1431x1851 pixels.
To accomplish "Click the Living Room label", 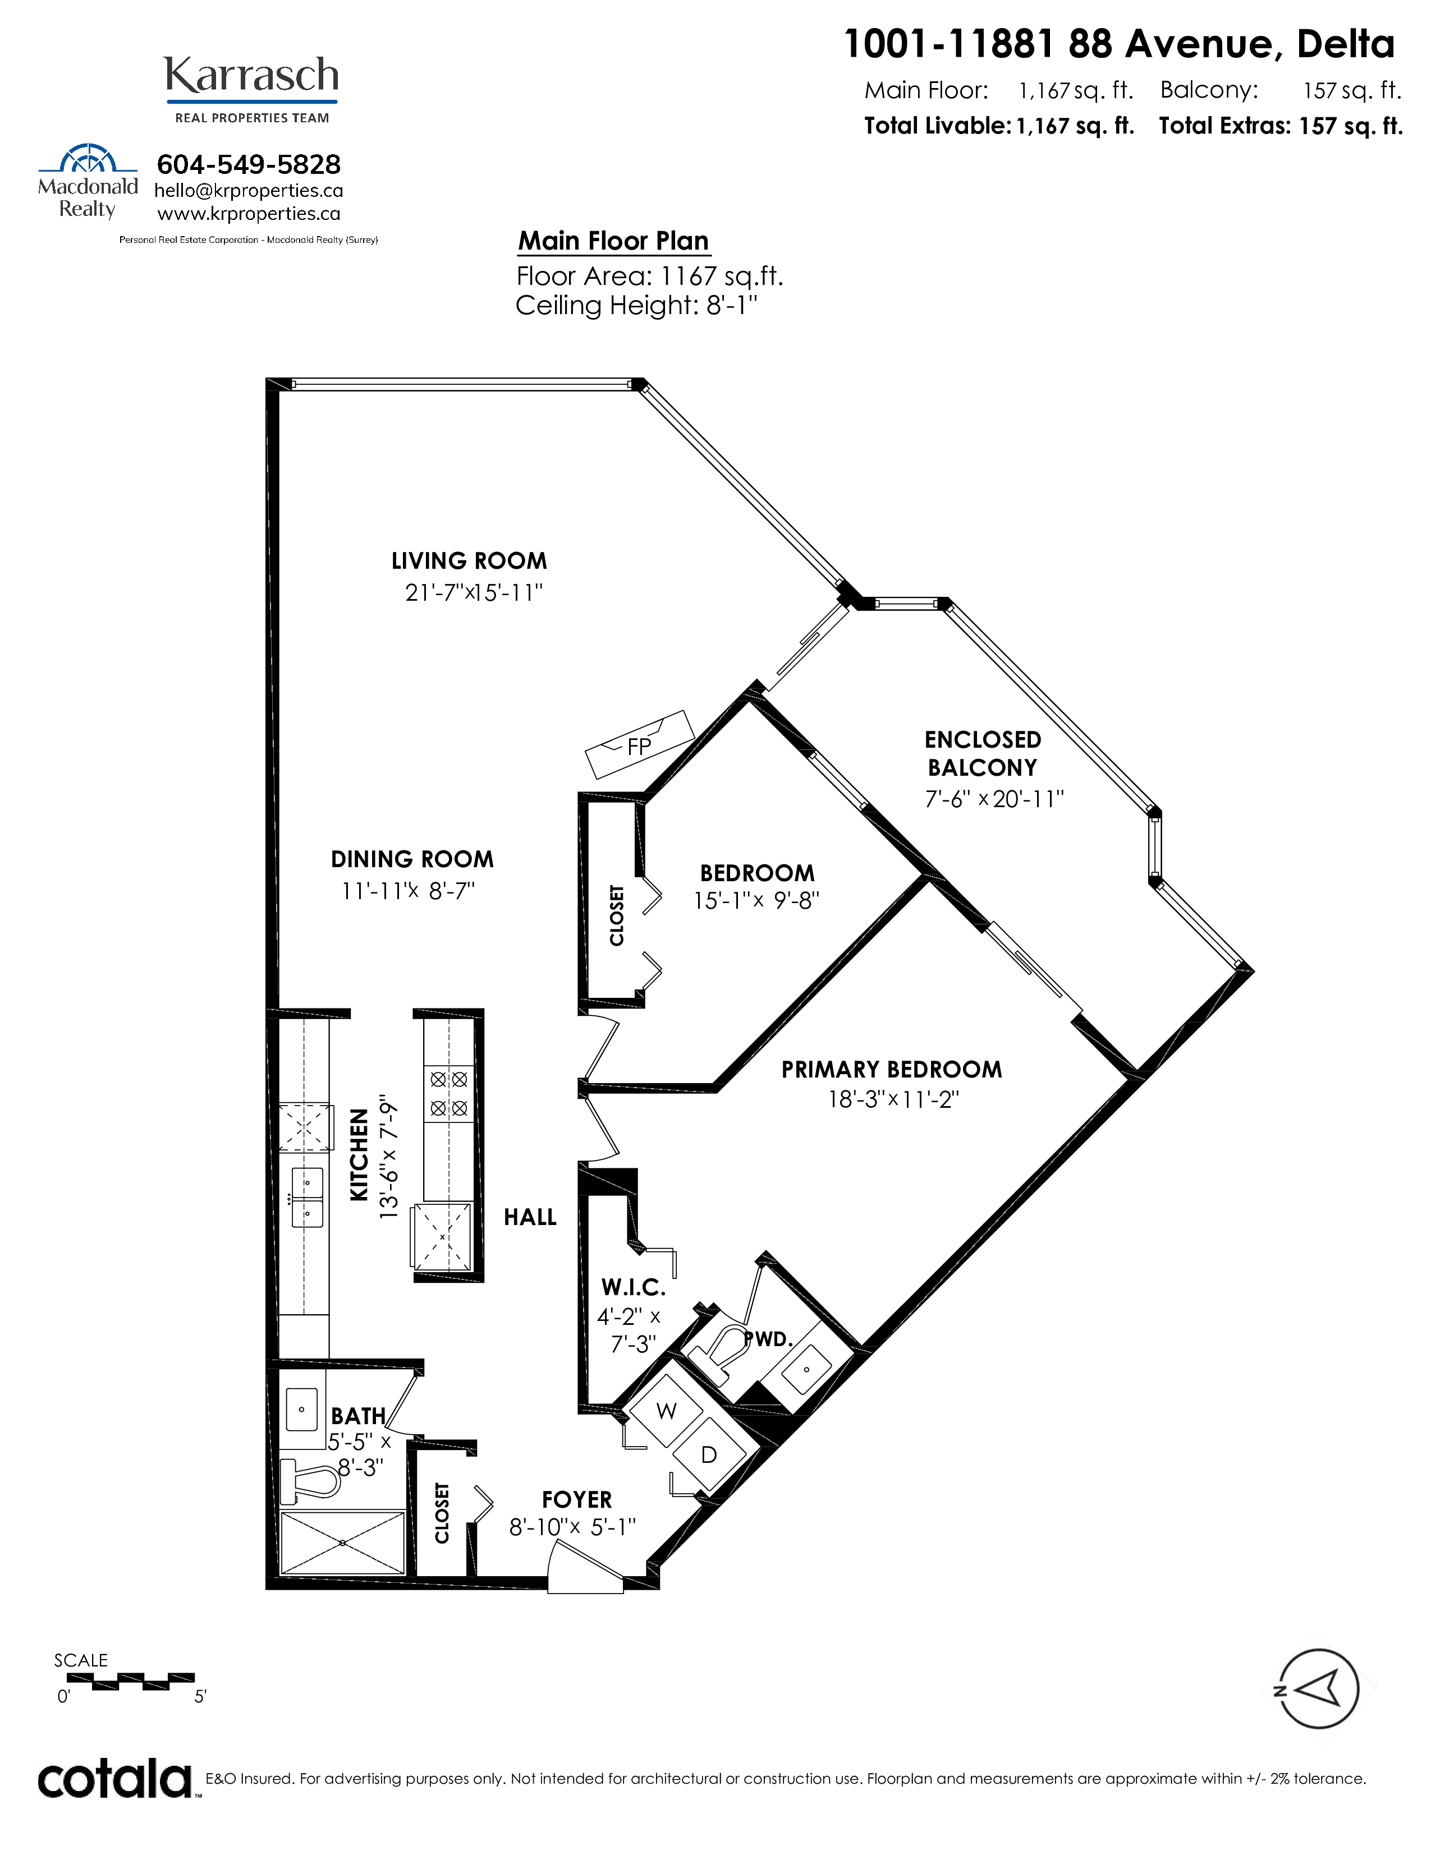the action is coord(469,561).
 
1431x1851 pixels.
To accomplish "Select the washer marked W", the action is coord(666,1411).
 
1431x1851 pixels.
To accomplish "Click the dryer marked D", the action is coord(709,1454).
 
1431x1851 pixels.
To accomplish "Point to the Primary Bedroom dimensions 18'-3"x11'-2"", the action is coord(893,1100).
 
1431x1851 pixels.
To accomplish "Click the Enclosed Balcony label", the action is coord(983,753).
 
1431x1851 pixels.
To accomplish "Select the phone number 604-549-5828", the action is coord(249,164).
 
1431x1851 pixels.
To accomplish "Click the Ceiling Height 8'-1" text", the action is coord(636,305).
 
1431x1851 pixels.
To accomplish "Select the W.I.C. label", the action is coord(633,1287).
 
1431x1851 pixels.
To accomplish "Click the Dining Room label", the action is coord(412,859).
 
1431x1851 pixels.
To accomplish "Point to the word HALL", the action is coord(530,1217).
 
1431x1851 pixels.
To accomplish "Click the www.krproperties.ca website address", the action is coord(249,214).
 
